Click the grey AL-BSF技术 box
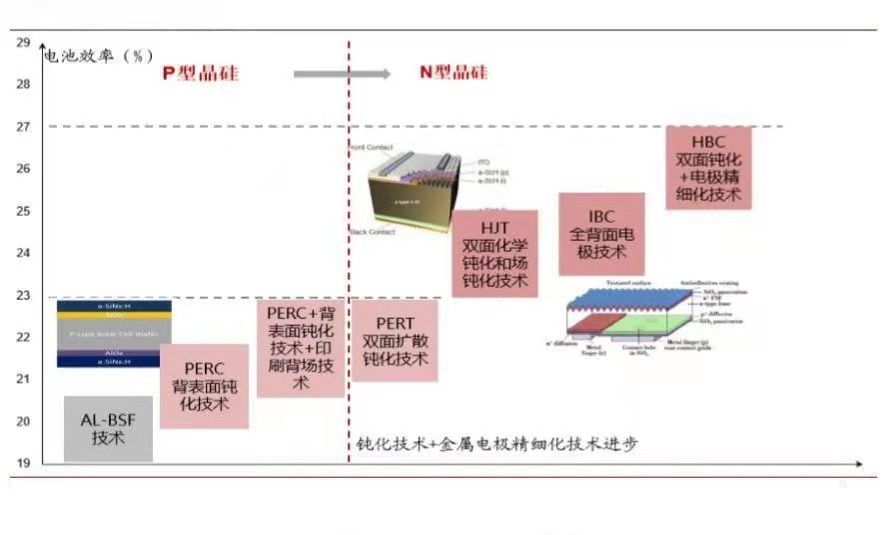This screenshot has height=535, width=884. coord(108,429)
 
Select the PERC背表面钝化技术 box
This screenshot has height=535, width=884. coord(204,386)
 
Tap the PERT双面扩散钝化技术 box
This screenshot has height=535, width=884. coord(394,340)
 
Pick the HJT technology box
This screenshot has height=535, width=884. coord(494,253)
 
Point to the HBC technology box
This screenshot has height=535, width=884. coord(708,168)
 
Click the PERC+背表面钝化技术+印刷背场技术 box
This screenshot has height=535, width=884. coord(300,346)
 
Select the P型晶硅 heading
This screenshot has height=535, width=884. coord(201,73)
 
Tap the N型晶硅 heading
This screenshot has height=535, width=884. coord(452,72)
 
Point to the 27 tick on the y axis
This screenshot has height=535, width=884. coord(23,126)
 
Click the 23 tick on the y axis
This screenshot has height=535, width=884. coord(23,295)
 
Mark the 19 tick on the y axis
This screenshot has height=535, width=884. coord(23,463)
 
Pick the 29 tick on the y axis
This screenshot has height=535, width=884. coord(23,42)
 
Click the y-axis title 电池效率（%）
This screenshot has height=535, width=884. coord(98,56)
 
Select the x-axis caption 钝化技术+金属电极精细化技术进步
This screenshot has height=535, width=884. coord(496,443)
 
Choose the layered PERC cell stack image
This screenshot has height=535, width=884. coord(114,333)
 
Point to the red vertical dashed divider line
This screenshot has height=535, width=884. coord(349,250)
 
